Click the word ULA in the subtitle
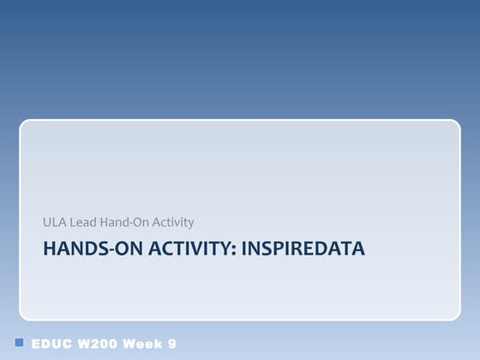(x=53, y=222)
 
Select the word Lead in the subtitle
(x=81, y=222)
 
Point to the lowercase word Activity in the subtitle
(x=172, y=222)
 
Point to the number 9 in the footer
(x=172, y=344)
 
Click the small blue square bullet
(x=20, y=342)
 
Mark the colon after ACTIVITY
(x=236, y=249)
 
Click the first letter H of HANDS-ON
(x=48, y=249)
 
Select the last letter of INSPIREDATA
(x=359, y=249)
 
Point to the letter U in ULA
(x=47, y=222)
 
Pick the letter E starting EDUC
(x=36, y=344)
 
